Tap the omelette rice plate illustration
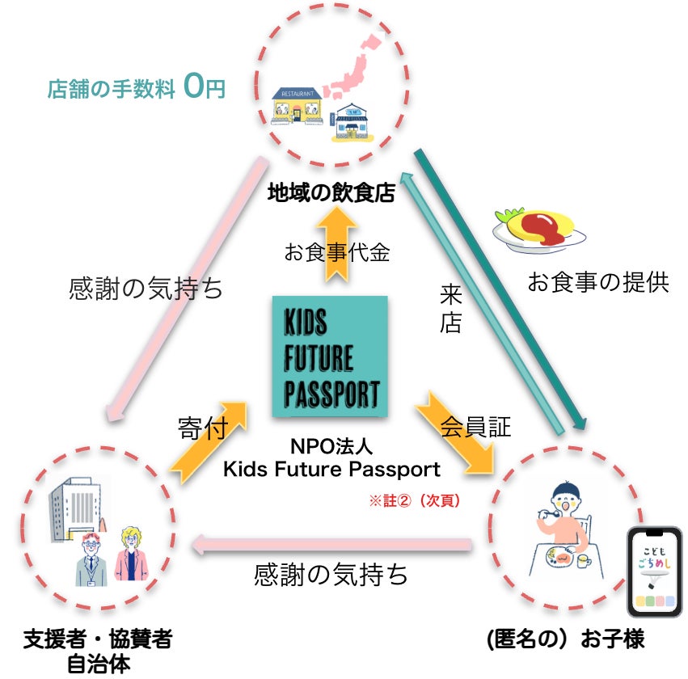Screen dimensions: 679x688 pyautogui.click(x=539, y=228)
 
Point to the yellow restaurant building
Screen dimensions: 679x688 pyautogui.click(x=298, y=105)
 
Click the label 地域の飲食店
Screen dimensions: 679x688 pyautogui.click(x=331, y=192)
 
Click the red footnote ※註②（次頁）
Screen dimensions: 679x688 pyautogui.click(x=415, y=500)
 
